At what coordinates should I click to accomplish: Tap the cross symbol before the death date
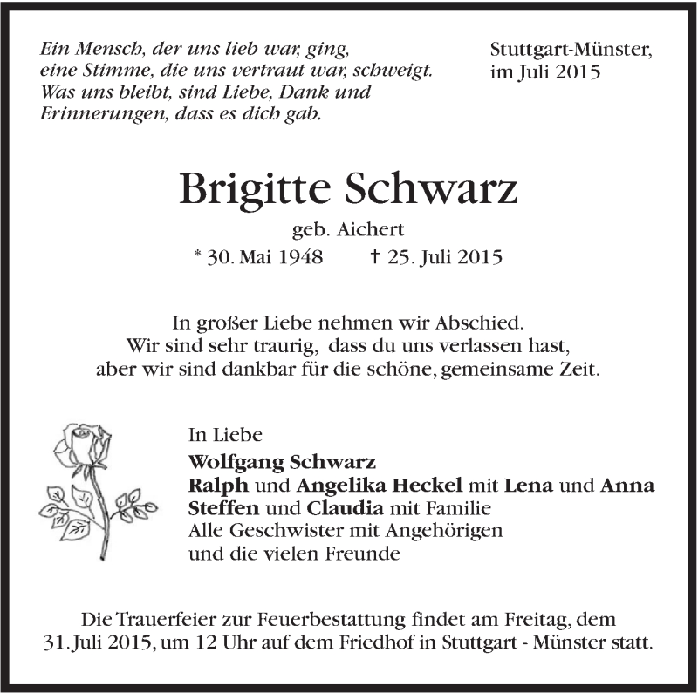pyautogui.click(x=377, y=256)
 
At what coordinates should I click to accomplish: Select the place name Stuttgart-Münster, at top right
pyautogui.click(x=571, y=51)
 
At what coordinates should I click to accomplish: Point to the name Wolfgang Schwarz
pyautogui.click(x=282, y=462)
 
